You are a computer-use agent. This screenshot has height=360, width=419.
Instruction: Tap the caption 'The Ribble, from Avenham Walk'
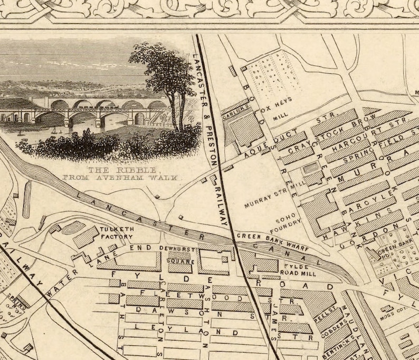click(x=135, y=174)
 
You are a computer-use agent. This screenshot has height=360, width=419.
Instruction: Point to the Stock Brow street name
click(x=348, y=130)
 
